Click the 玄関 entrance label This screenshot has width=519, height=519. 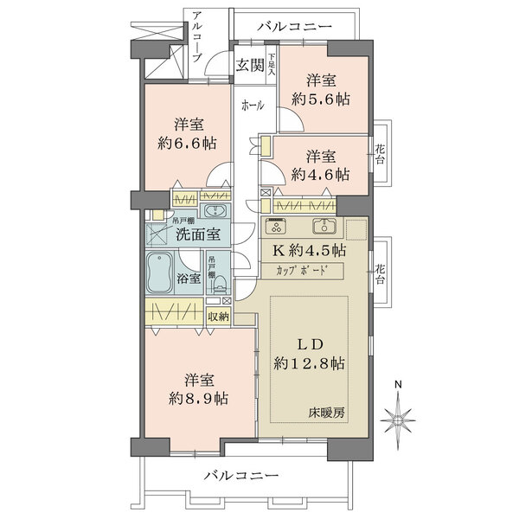pos(250,63)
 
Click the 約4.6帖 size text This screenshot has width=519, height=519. pos(320,173)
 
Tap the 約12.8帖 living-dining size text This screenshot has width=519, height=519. pos(310,363)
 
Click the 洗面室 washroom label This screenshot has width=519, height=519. pos(198,234)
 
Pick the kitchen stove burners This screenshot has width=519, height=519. pos(277,229)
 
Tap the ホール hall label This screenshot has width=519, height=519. pos(253,106)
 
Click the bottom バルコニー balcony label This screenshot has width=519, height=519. pos(241,476)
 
